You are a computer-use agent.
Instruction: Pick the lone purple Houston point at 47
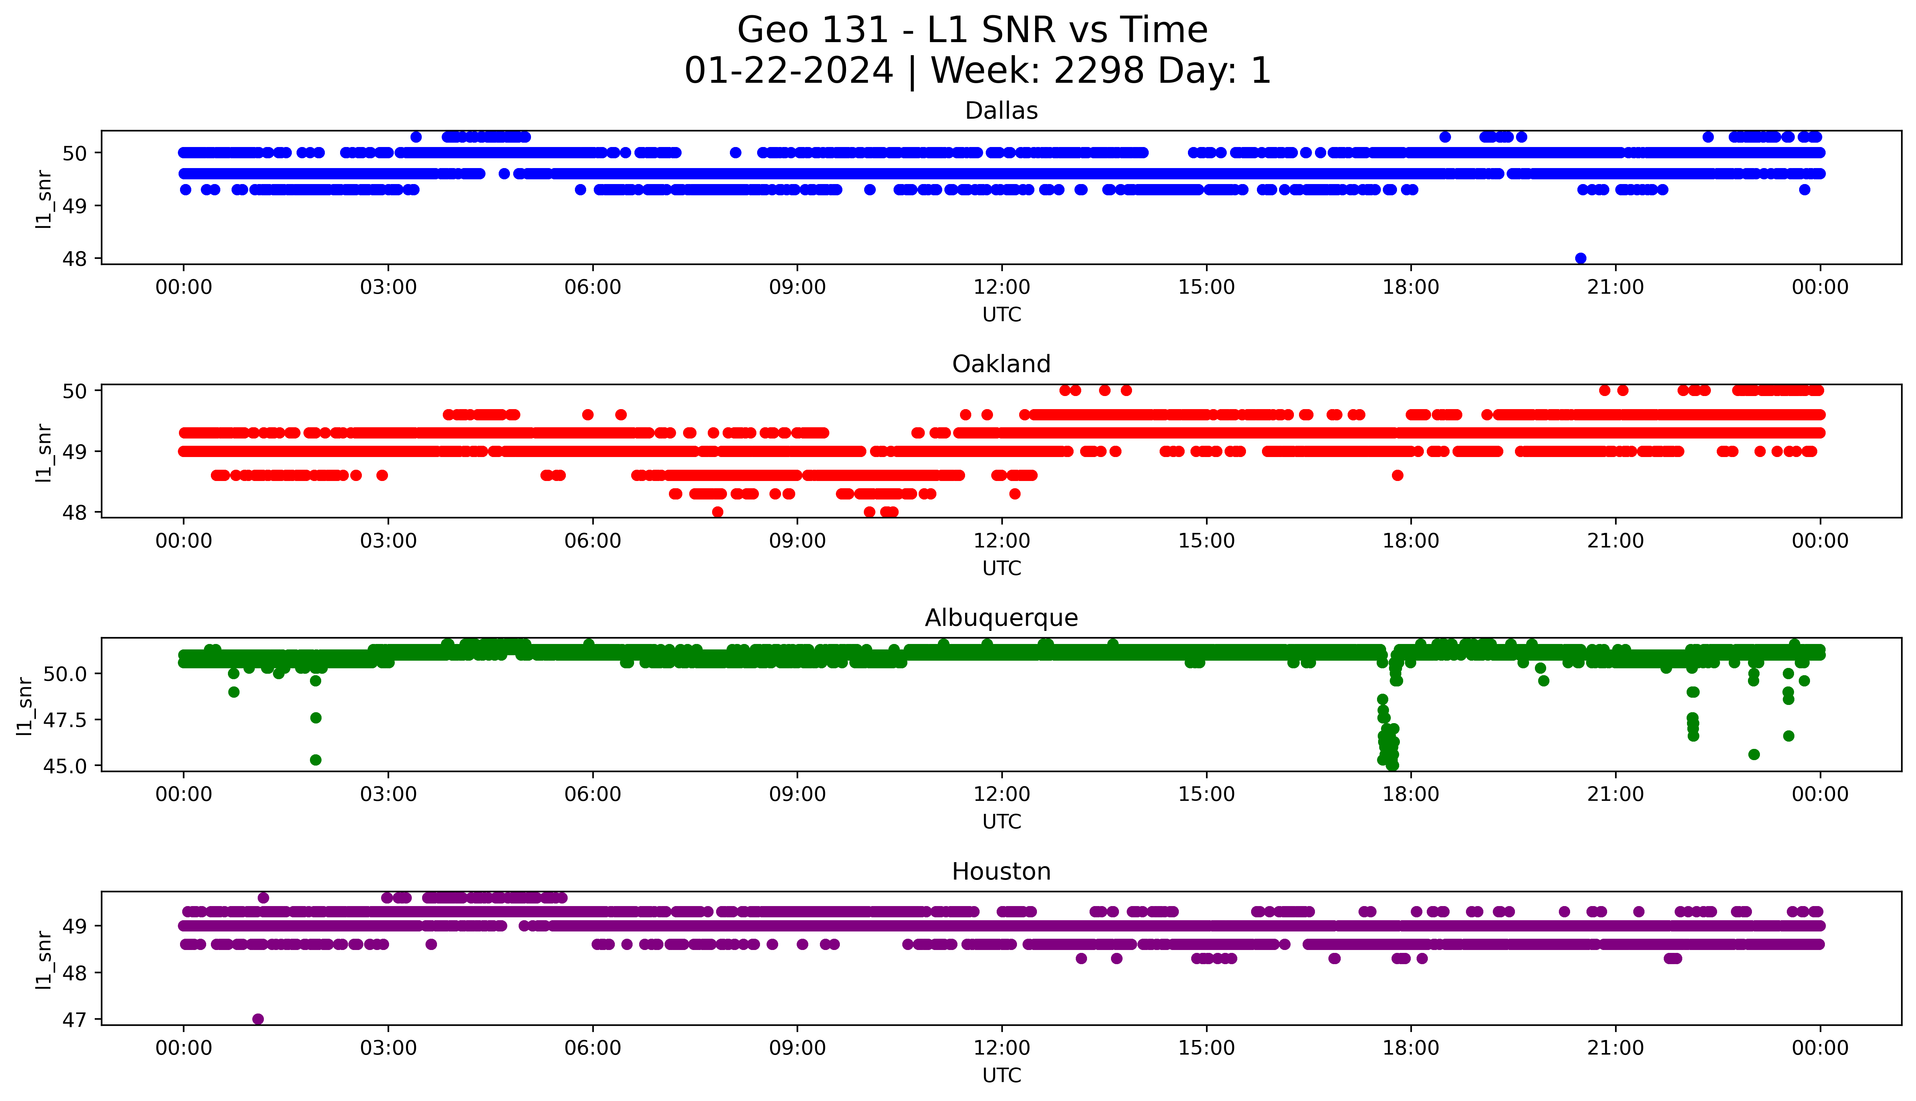coord(258,1019)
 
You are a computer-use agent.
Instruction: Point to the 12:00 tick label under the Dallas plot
coord(1001,288)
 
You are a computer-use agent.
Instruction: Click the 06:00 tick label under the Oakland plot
coord(593,541)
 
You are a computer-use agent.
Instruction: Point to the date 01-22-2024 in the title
coord(788,71)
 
